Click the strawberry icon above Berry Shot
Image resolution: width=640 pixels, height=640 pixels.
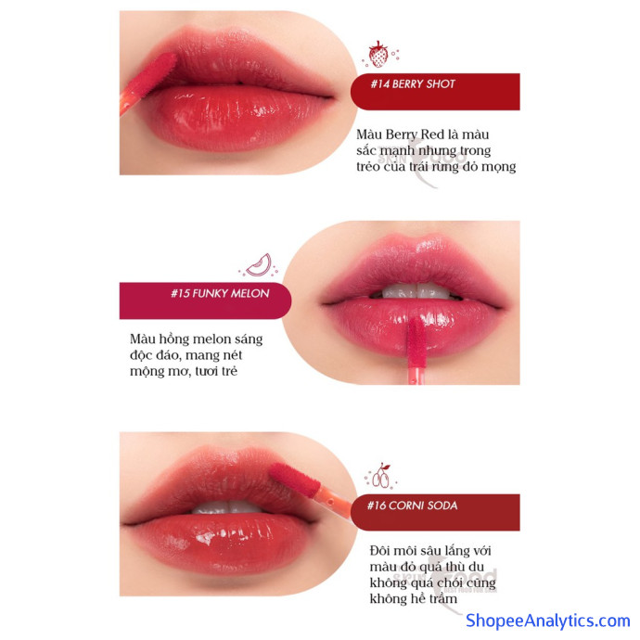point(378,55)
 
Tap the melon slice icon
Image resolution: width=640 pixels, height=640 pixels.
point(260,265)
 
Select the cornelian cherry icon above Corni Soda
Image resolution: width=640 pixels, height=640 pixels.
point(381,476)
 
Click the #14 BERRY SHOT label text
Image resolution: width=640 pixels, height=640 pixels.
point(412,84)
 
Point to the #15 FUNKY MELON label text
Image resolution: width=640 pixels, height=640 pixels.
point(220,293)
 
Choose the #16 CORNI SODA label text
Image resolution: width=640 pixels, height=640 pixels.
point(412,506)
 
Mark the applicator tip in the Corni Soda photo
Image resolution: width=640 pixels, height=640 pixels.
point(295,480)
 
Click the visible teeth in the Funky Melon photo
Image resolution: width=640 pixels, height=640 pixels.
point(416,291)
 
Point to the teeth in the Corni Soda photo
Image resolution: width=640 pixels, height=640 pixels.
point(227,507)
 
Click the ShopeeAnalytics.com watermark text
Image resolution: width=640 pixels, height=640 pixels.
point(548,621)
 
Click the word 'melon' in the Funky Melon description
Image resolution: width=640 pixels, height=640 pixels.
point(211,339)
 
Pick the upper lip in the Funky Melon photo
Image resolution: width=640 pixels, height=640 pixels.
point(416,265)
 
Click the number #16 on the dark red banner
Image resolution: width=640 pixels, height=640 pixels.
point(377,506)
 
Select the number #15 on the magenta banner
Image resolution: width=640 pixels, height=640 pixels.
point(180,293)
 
